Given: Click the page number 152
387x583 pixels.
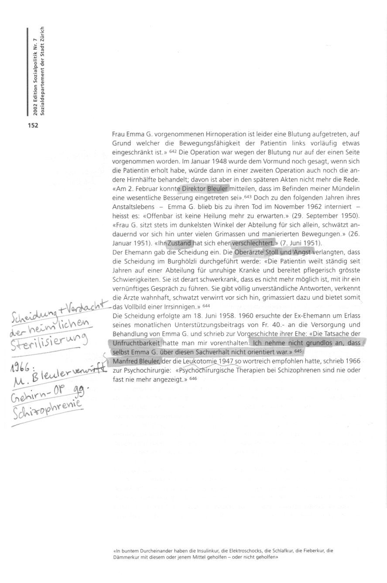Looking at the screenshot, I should (x=33, y=125).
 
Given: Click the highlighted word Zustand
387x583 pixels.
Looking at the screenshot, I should (x=179, y=243).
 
